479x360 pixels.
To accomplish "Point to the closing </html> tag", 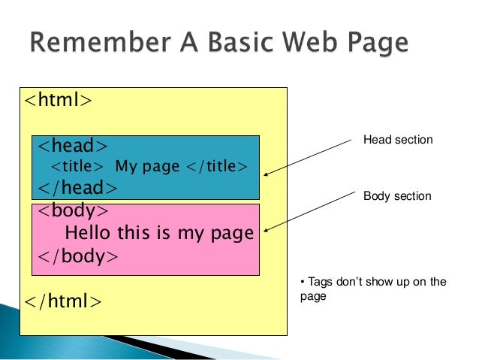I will [63, 301].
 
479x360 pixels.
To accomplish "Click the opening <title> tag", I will [77, 165].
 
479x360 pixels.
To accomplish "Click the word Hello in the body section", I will [89, 233].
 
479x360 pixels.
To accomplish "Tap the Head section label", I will [398, 140].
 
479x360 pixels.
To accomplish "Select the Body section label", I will [397, 196].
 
